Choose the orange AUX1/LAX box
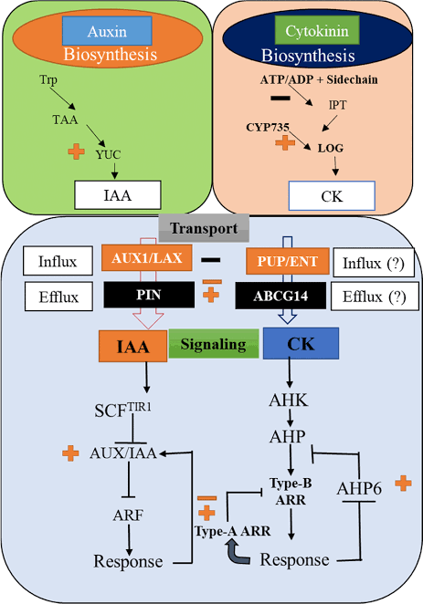pos(149,259)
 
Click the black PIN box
pos(149,294)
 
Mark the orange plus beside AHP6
pos(401,483)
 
